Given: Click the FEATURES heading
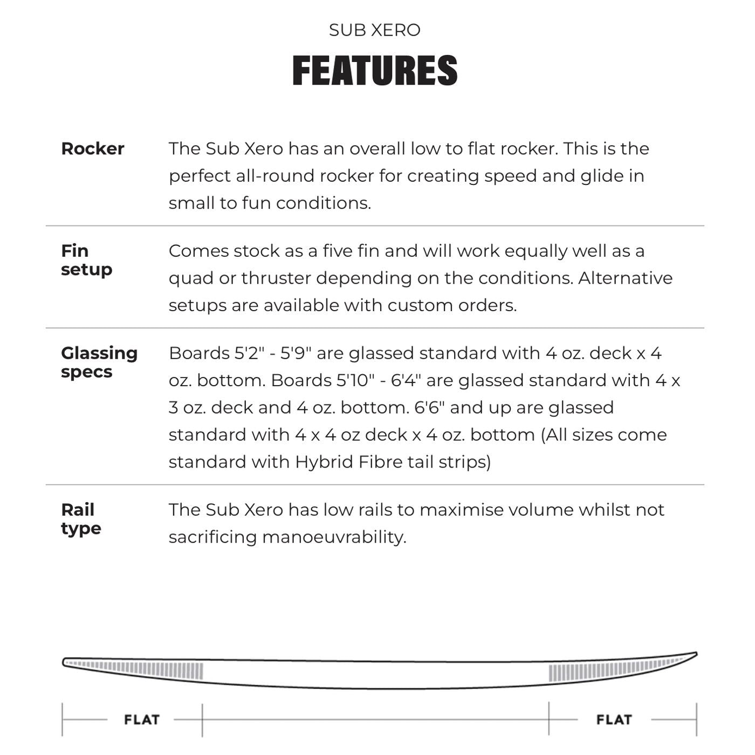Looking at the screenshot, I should coord(375,71).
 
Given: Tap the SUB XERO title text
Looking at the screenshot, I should coord(375,30).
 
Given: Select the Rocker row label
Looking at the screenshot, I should coord(93,149).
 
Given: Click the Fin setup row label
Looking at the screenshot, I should coord(86,260).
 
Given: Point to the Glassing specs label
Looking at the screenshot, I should coord(99,362).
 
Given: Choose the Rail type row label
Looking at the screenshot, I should coord(81,519).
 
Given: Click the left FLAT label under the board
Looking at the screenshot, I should coord(142,720).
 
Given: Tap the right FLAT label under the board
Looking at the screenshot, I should coord(614,720).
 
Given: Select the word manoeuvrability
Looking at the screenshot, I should coord(334,537).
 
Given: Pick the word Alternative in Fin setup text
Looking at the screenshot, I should coord(626,278).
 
